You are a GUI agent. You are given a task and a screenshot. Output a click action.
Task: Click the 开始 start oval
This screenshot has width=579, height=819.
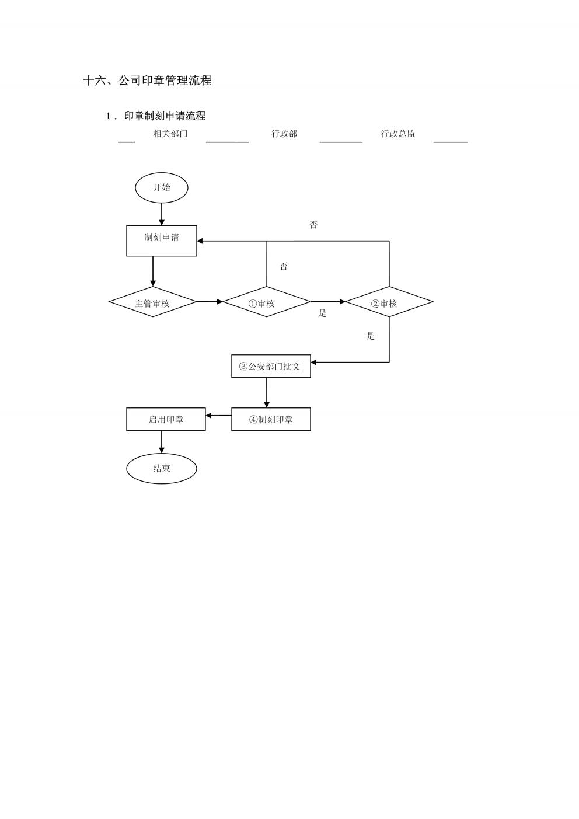click(162, 187)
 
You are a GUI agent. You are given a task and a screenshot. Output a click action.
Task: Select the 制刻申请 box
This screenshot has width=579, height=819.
click(162, 241)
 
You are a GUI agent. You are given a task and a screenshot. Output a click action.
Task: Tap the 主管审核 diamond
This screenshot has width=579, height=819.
click(153, 302)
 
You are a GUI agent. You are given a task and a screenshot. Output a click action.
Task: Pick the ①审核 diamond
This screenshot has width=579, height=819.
click(267, 302)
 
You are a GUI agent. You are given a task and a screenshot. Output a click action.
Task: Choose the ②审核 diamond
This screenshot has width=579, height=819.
click(389, 302)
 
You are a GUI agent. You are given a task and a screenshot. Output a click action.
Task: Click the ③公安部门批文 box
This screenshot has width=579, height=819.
click(271, 366)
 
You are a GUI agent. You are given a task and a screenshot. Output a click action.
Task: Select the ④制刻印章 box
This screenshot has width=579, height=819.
click(271, 419)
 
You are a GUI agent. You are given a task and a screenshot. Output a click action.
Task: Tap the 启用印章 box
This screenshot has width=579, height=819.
click(166, 419)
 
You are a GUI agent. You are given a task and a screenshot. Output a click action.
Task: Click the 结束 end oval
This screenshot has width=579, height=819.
click(162, 468)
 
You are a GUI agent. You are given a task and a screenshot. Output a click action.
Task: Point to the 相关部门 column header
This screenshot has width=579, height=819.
click(170, 134)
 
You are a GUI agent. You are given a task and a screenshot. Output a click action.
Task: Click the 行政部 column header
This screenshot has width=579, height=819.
click(284, 134)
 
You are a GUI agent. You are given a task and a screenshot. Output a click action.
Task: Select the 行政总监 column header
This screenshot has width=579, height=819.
click(398, 134)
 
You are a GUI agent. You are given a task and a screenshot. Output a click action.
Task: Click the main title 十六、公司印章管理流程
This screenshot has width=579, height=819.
click(147, 81)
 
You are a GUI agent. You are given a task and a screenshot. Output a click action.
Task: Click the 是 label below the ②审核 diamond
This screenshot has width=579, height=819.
click(370, 336)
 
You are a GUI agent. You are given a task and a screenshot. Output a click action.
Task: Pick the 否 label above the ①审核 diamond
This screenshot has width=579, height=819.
click(284, 266)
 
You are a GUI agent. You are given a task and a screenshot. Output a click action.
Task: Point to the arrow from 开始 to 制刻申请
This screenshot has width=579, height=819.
click(162, 214)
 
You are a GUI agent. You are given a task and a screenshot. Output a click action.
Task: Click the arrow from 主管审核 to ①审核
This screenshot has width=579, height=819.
click(210, 302)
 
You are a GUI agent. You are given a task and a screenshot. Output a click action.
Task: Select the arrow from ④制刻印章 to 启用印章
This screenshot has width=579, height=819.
click(219, 416)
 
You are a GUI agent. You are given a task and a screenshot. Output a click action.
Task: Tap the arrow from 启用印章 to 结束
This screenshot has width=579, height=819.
click(162, 442)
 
